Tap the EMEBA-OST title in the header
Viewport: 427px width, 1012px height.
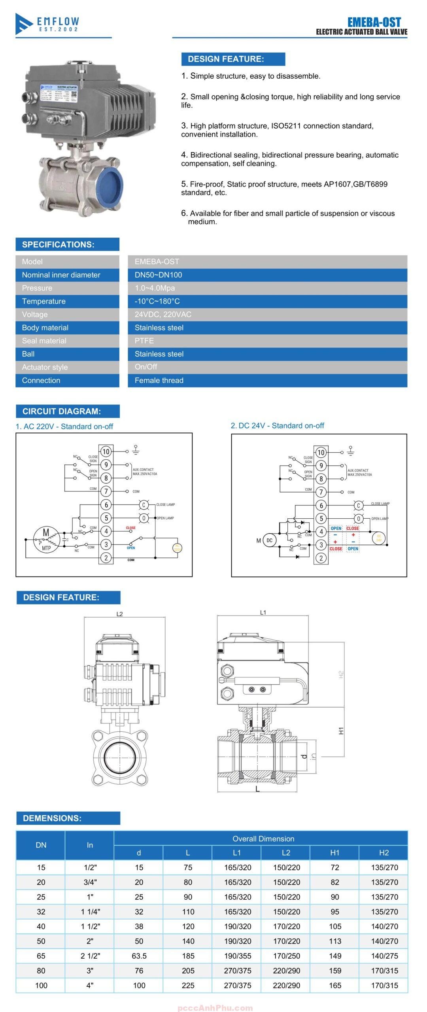374,22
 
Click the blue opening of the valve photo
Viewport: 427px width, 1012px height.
110,185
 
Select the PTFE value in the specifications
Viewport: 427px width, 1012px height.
144,341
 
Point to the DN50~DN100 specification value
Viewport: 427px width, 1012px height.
158,275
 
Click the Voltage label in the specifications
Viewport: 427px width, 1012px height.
35,314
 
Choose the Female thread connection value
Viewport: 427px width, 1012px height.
159,380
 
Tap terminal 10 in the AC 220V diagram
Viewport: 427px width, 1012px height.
106,451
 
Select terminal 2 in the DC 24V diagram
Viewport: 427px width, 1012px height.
321,558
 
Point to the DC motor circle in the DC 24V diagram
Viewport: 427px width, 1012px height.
269,541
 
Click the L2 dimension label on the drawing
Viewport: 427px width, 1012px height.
120,614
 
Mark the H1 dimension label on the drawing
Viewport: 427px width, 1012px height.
341,731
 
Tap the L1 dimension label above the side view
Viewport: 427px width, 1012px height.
263,613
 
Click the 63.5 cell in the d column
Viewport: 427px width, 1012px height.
139,956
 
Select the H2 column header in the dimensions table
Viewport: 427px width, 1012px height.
384,852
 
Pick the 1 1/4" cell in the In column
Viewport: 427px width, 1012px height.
90,912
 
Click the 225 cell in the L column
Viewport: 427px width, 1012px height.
188,986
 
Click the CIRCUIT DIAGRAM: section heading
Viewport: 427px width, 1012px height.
61,411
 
